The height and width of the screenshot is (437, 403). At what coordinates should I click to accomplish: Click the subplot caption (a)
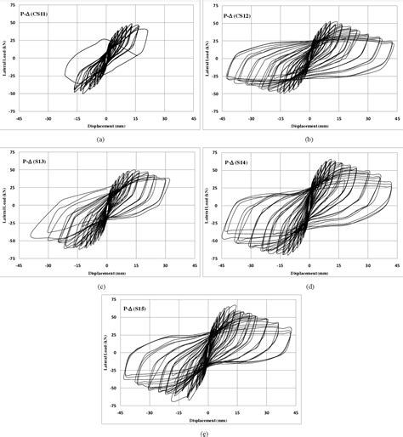[x=100, y=139]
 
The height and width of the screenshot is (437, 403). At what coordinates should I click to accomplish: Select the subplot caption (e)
[x=201, y=432]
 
